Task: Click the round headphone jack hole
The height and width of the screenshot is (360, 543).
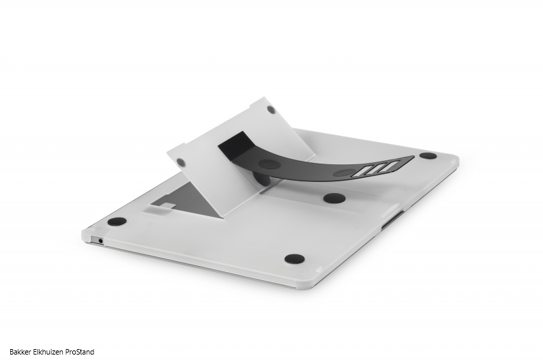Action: [100, 239]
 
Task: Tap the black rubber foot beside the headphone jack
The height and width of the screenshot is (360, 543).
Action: [117, 221]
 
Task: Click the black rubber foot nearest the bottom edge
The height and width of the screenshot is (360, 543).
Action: [295, 258]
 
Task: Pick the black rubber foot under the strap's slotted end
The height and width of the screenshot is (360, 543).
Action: [334, 198]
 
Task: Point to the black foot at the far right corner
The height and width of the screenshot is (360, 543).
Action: [428, 155]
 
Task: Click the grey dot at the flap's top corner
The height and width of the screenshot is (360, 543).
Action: [271, 110]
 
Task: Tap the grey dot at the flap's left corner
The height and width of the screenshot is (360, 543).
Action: [180, 162]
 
